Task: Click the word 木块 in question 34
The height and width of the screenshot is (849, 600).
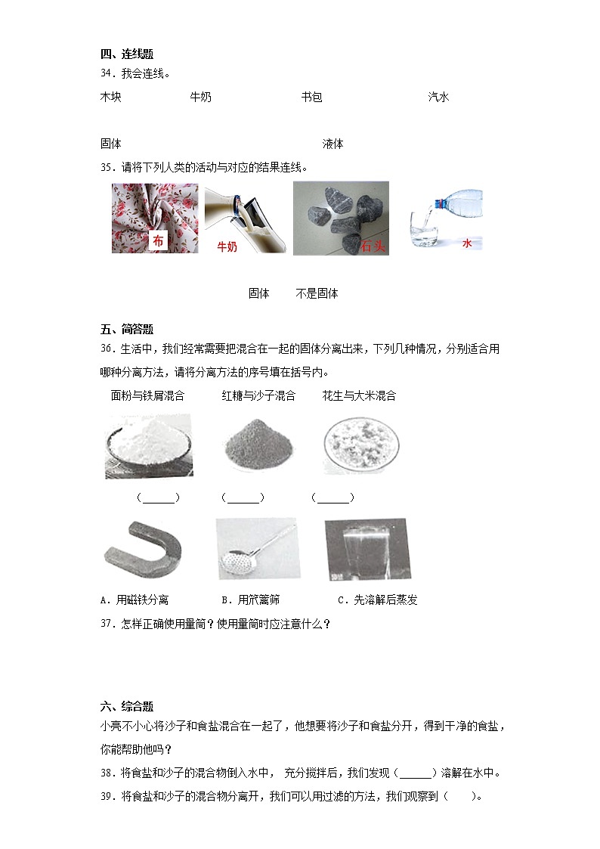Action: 110,97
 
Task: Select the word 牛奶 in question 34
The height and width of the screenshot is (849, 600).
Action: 200,97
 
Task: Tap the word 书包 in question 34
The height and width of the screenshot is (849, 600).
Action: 311,97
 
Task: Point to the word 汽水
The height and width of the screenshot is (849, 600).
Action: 438,97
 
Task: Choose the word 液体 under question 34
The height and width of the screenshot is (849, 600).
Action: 332,144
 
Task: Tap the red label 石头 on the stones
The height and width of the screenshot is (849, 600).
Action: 373,245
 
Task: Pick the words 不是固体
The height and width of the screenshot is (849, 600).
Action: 317,293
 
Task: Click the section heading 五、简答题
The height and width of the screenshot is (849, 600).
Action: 126,329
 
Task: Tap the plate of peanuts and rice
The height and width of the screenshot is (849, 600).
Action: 360,446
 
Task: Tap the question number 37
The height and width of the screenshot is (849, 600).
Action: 107,624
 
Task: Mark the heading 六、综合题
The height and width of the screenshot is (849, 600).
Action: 126,707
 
